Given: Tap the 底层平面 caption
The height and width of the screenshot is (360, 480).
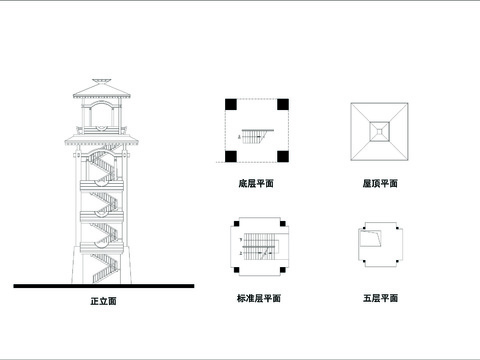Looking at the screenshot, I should click(258, 184).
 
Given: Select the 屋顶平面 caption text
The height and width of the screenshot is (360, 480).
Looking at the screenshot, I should click(380, 184).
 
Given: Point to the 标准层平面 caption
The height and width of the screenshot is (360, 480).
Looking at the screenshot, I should click(258, 298).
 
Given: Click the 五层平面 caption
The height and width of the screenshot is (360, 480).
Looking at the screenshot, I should click(380, 298).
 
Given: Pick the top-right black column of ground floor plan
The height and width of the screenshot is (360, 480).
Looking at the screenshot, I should click(284, 104).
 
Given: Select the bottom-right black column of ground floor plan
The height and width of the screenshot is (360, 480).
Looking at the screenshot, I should click(284, 157).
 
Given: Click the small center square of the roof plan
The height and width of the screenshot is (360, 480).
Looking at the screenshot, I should click(380, 130).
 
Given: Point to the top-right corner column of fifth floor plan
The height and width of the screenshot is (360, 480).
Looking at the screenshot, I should click(399, 226).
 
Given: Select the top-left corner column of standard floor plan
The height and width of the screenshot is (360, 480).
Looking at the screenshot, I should click(239, 226).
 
